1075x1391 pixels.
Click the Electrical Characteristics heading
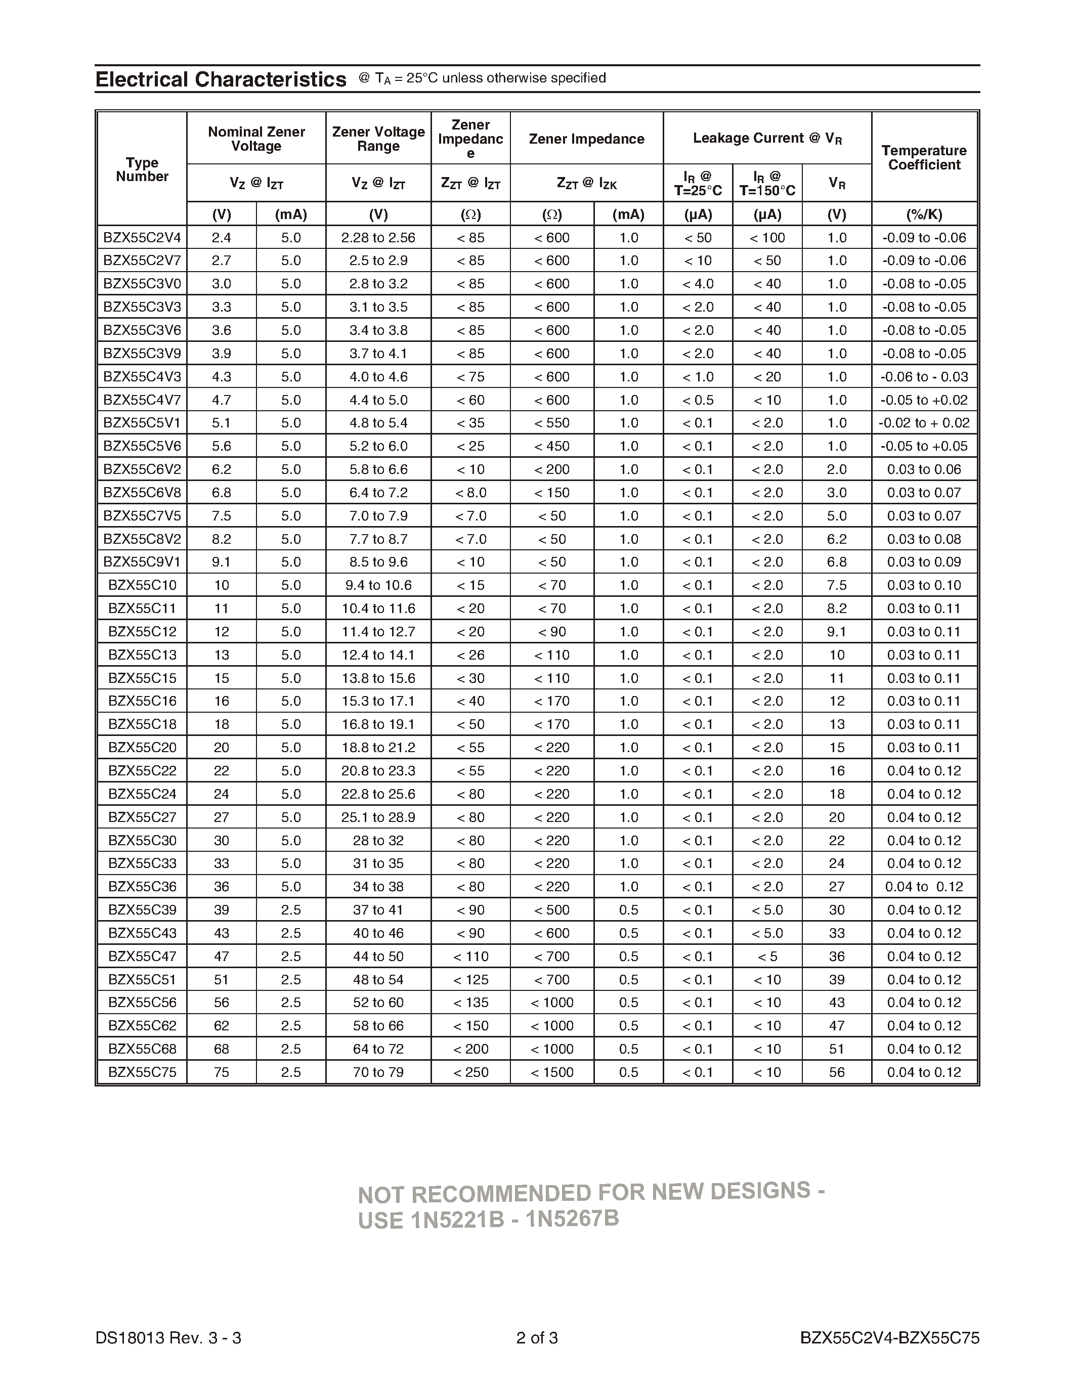(221, 79)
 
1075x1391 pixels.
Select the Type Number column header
(142, 169)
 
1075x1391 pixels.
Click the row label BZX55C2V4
(142, 238)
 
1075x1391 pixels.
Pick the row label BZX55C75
(142, 1072)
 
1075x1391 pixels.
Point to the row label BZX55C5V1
(142, 423)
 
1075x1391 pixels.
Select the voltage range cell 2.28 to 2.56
(378, 238)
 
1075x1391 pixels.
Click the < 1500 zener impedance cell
(551, 1072)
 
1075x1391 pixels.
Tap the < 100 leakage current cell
(767, 238)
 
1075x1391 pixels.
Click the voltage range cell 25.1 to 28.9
(378, 817)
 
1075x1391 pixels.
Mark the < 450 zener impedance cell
(551, 446)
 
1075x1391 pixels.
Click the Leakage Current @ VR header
(767, 138)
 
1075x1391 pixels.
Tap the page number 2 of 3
(537, 1337)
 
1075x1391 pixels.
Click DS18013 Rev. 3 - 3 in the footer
(168, 1337)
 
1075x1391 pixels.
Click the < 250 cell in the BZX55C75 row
(470, 1072)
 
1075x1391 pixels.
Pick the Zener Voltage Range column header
(378, 139)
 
